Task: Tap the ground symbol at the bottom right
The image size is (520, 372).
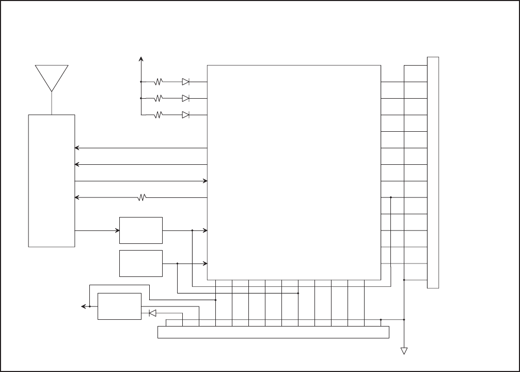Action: click(x=404, y=351)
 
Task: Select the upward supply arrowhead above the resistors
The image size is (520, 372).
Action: click(x=141, y=59)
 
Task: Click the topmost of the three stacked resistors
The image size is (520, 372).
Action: click(x=159, y=82)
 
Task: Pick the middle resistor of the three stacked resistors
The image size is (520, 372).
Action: click(x=159, y=98)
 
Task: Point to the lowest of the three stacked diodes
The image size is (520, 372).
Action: click(x=185, y=115)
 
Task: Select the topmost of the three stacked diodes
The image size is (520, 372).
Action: click(x=185, y=82)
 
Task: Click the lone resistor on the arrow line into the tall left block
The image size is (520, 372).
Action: click(x=143, y=197)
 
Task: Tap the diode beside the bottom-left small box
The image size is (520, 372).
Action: click(x=152, y=313)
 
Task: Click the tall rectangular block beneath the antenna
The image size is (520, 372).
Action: click(x=52, y=180)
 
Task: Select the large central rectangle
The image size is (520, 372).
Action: click(x=294, y=172)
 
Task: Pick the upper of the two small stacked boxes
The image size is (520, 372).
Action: click(x=141, y=230)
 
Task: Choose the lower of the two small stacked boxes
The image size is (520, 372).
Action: click(x=141, y=263)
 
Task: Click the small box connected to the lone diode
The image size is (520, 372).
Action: click(x=119, y=306)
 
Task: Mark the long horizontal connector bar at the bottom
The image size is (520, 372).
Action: click(x=273, y=333)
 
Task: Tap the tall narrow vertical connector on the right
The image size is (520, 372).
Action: click(x=433, y=172)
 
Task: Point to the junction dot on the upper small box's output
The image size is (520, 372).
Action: click(x=192, y=230)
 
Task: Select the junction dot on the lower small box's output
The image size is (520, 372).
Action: click(x=177, y=263)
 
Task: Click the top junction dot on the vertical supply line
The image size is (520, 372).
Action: click(x=141, y=82)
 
